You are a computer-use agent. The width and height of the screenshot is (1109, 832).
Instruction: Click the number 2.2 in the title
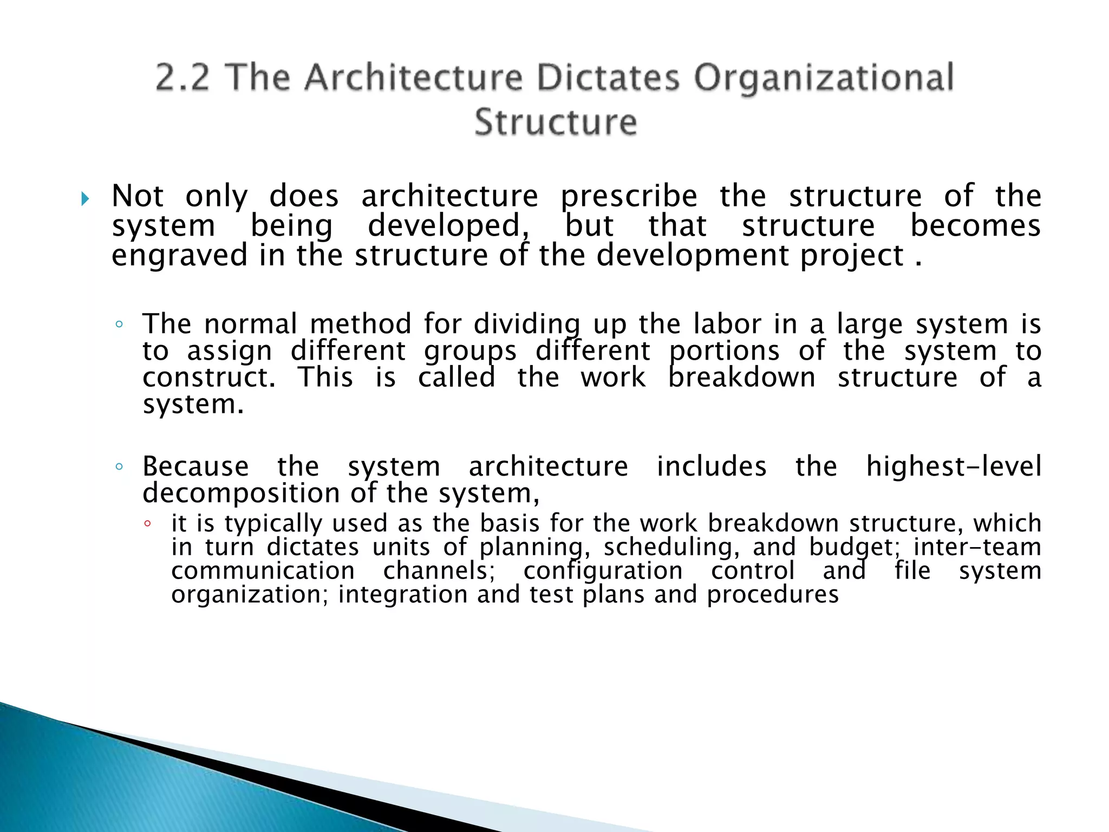coord(182,77)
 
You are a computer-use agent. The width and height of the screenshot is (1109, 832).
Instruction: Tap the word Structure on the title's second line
coord(556,122)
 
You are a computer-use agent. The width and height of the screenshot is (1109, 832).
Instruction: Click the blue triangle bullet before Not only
coord(85,199)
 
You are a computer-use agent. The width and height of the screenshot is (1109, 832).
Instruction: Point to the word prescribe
coord(629,197)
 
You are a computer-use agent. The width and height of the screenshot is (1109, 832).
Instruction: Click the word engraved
coord(179,256)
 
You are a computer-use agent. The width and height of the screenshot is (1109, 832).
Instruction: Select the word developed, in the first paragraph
coord(448,226)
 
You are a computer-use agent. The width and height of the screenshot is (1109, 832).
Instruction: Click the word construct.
coord(209,378)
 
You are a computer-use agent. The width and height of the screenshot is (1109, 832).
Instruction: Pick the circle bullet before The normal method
coord(119,325)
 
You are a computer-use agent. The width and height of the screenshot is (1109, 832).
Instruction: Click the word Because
coord(195,466)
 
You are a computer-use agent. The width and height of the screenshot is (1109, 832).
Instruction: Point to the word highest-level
coord(954,466)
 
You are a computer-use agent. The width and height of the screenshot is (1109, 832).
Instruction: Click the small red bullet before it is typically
coord(147,524)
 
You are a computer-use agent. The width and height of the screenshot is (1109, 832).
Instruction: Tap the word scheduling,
coord(671,547)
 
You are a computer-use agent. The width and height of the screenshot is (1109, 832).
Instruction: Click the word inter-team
coord(977,547)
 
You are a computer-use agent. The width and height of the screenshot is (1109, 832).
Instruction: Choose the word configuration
coord(603,571)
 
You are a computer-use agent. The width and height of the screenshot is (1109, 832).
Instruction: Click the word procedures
coord(773,595)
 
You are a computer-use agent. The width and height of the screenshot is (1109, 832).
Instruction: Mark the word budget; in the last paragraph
coord(854,547)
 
